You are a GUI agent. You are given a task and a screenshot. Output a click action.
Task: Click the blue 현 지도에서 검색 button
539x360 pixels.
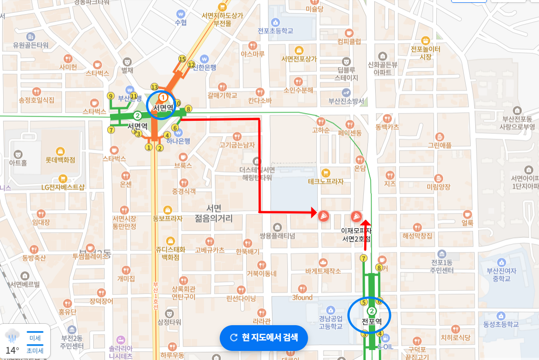click(x=264, y=337)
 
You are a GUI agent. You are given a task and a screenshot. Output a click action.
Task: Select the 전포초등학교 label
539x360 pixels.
click(x=276, y=31)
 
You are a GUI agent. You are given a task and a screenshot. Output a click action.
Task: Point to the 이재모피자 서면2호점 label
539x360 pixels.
click(x=357, y=234)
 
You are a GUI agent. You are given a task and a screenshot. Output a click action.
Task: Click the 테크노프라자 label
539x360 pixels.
click(x=326, y=181)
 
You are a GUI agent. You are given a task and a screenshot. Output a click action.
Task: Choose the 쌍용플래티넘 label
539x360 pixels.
click(x=277, y=236)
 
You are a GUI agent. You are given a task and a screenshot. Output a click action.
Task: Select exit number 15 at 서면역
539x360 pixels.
click(x=182, y=59)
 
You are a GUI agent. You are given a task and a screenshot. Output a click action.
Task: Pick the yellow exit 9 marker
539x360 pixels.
click(x=110, y=95)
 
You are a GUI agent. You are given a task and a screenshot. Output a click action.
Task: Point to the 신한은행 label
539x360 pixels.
click(x=205, y=67)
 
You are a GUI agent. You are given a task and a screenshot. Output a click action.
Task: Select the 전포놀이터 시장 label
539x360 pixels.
click(x=425, y=52)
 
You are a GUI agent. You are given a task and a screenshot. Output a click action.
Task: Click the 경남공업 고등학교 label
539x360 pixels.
click(x=330, y=322)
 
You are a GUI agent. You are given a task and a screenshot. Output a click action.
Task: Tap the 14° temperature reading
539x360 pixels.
click(x=12, y=350)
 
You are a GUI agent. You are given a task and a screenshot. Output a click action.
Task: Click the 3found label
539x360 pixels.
click(x=302, y=297)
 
